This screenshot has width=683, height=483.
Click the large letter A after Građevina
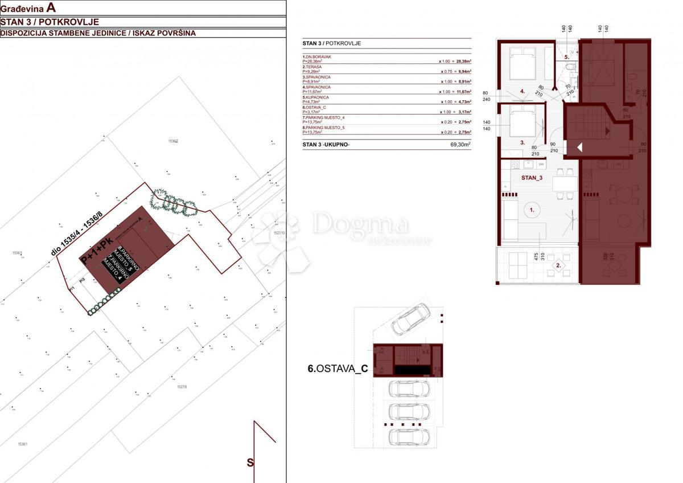click(52, 7)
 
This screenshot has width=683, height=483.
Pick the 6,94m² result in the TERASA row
click(460, 71)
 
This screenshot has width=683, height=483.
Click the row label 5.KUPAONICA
click(316, 97)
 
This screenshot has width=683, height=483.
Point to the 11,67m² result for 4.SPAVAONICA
click(460, 92)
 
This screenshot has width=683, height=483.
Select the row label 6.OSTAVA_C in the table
click(315, 108)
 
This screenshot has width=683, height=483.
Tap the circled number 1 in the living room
click(533, 210)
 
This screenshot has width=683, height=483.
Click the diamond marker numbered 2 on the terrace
click(559, 265)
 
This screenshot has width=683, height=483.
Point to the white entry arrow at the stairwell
click(579, 148)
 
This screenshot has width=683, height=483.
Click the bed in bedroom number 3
click(522, 122)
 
